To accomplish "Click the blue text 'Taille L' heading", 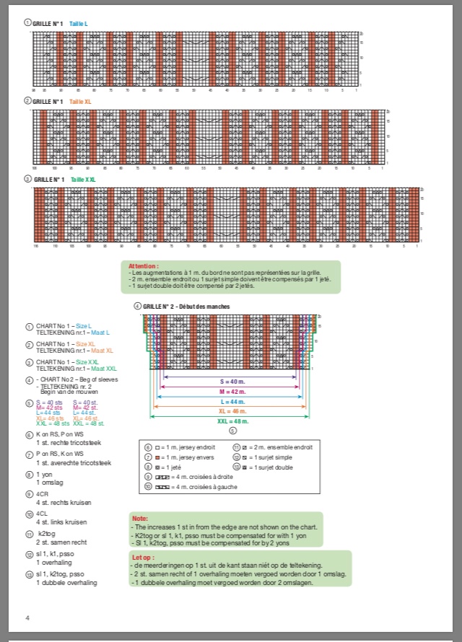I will tap(79, 24).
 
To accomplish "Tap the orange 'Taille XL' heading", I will tap(81, 102).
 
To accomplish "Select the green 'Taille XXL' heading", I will tap(84, 179).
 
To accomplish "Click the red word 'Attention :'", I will tap(143, 266).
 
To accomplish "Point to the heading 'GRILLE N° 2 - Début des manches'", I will tap(186, 307).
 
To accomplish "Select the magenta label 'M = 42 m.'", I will tap(232, 392).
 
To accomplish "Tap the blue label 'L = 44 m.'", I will tap(232, 401).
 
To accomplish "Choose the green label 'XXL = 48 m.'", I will tap(232, 421).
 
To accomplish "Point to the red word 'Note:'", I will tap(140, 519).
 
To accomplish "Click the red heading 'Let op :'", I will tap(143, 558).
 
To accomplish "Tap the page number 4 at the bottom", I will tap(27, 618).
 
